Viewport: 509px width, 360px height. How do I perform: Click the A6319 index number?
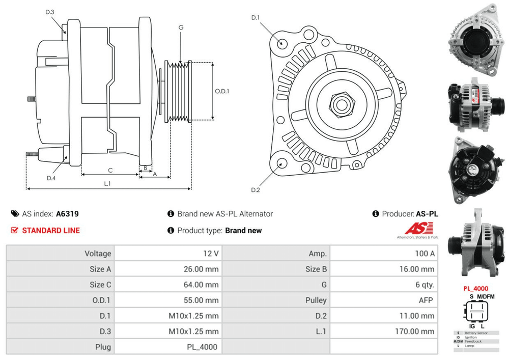click(67, 214)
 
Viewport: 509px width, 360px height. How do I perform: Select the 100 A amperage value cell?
click(425, 254)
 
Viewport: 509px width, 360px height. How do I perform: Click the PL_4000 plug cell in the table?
click(203, 347)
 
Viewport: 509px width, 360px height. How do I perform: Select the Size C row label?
click(100, 285)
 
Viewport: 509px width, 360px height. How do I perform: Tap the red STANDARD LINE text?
click(51, 230)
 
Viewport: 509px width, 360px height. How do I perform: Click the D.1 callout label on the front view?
click(256, 18)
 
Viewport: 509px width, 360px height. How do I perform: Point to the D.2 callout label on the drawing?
click(256, 190)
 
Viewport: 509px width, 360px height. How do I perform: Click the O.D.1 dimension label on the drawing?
click(222, 92)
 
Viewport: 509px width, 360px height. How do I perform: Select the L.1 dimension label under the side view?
click(107, 184)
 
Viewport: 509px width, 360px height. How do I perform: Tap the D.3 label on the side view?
click(50, 12)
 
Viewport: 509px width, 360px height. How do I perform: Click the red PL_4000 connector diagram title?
click(475, 288)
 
